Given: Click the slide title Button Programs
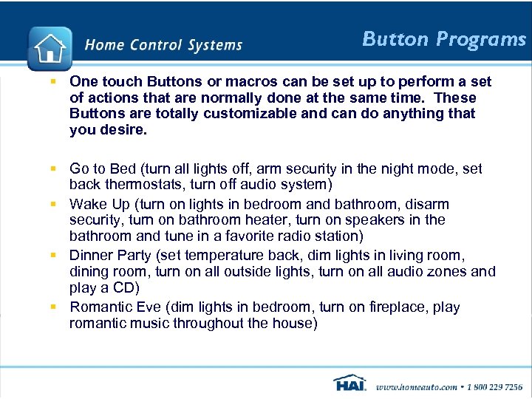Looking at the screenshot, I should pos(443,39).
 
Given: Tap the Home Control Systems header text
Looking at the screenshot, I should pos(163,45).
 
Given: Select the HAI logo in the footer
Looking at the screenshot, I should pos(349,384).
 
